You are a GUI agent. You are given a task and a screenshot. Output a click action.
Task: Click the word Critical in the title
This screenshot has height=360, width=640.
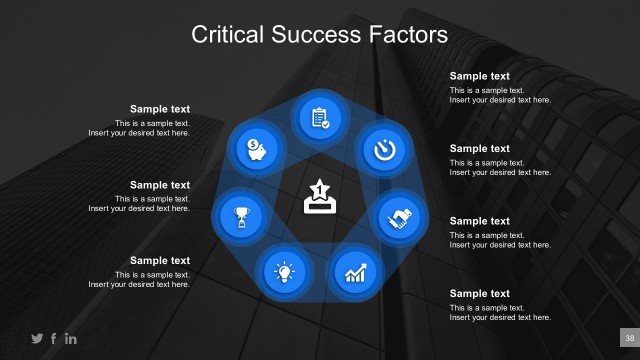(x=224, y=36)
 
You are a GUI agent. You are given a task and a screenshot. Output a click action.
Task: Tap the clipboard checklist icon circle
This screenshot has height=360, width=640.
(x=320, y=117)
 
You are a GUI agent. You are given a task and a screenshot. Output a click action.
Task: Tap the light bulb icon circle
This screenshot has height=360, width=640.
(x=285, y=269)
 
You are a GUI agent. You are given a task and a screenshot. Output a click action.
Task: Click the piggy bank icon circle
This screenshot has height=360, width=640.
(x=256, y=149)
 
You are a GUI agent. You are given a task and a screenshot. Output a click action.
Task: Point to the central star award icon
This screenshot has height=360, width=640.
(x=319, y=197)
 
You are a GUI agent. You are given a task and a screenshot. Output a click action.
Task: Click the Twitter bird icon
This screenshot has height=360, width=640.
(x=37, y=339)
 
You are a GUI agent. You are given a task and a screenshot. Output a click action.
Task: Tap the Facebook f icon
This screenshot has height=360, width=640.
(x=54, y=339)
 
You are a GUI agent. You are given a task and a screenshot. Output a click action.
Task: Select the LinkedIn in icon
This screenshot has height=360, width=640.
(x=71, y=339)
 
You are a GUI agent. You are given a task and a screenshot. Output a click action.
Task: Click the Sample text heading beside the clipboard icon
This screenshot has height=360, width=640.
(x=479, y=76)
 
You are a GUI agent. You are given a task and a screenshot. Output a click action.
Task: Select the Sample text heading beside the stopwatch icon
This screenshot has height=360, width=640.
(x=479, y=149)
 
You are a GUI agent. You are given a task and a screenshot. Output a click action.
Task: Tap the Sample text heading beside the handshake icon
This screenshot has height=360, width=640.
(x=479, y=221)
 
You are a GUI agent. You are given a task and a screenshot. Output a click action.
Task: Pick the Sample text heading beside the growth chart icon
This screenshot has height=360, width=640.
(x=479, y=294)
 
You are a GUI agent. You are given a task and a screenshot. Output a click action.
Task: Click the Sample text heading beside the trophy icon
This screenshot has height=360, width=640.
(x=160, y=185)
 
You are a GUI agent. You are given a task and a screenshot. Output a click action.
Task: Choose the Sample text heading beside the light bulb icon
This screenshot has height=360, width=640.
(x=160, y=261)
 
